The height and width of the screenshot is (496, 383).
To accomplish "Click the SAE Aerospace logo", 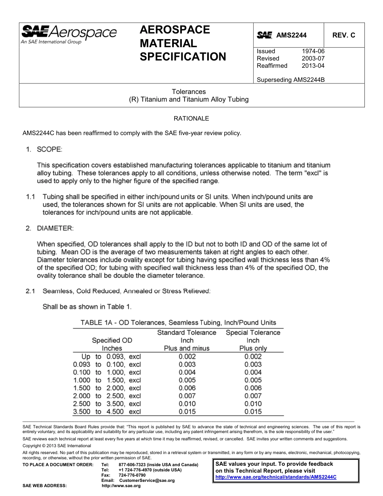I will (x=69, y=34).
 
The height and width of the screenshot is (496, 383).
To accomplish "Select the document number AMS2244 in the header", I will (x=291, y=35).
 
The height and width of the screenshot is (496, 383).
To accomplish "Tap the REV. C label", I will (x=343, y=35).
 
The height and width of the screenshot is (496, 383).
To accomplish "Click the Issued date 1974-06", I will (x=313, y=51).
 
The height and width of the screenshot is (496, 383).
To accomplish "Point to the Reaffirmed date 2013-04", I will (x=313, y=66).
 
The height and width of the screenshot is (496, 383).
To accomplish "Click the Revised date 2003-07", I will (x=313, y=58).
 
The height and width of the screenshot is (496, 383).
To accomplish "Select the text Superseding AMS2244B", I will (x=291, y=80).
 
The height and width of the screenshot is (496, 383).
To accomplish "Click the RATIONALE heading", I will (x=191, y=119).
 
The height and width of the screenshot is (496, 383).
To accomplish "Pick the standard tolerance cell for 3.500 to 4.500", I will (x=187, y=412).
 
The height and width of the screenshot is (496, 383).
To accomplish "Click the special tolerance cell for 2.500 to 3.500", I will (x=253, y=404).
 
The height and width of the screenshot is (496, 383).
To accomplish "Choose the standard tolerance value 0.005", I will (x=187, y=380).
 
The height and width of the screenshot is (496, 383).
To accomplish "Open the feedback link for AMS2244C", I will (x=276, y=477).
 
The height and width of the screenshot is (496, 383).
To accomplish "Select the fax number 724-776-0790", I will (x=132, y=475).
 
